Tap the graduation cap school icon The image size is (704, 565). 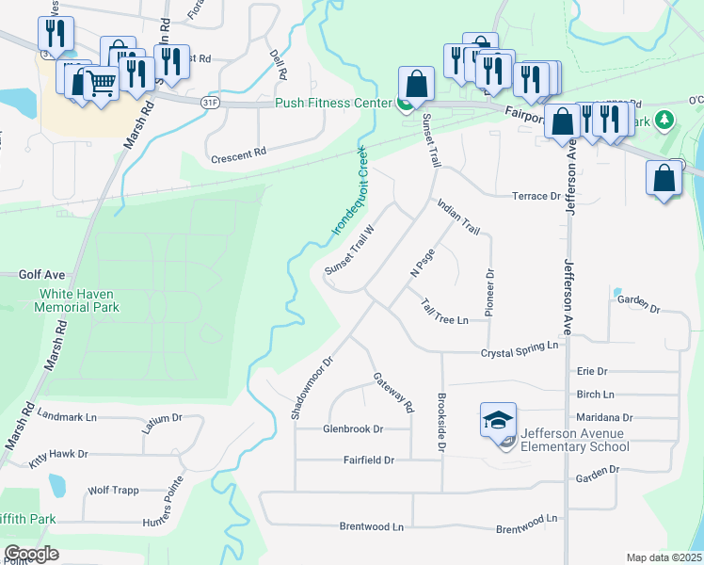click(499, 420)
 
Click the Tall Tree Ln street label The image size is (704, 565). click(444, 312)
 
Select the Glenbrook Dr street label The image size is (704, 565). click(353, 428)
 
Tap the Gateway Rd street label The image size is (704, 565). click(394, 394)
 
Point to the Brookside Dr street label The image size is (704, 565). click(440, 423)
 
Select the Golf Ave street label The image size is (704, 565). click(41, 275)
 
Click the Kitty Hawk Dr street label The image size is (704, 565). click(58, 454)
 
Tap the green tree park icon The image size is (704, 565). click(664, 120)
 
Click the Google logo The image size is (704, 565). click(31, 554)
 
